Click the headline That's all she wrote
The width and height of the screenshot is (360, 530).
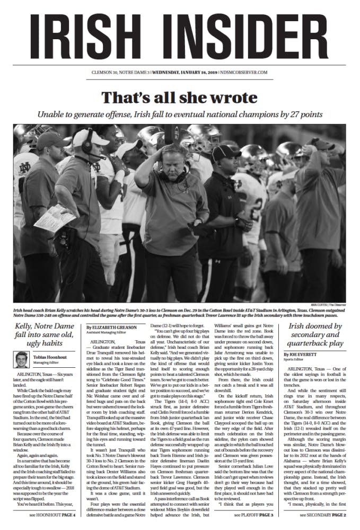(x=179, y=98)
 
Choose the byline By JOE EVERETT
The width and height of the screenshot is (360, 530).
(x=301, y=354)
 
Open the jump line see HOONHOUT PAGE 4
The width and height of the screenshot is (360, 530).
(x=52, y=515)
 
